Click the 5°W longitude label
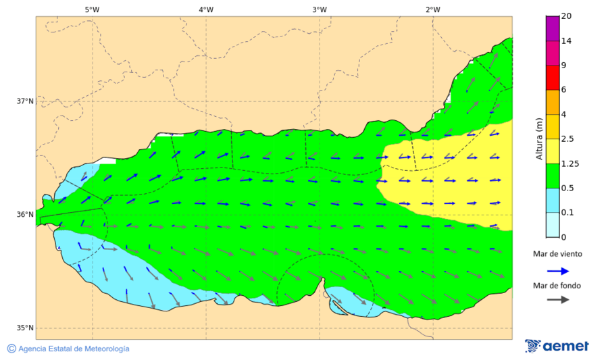92,9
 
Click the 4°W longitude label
206,9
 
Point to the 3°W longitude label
320,9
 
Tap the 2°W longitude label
433,9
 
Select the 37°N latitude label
25,101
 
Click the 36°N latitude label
25,215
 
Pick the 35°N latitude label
25,328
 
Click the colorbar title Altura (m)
539,138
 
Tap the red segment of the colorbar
553,78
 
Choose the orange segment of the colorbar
553,102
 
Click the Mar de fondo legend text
557,286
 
